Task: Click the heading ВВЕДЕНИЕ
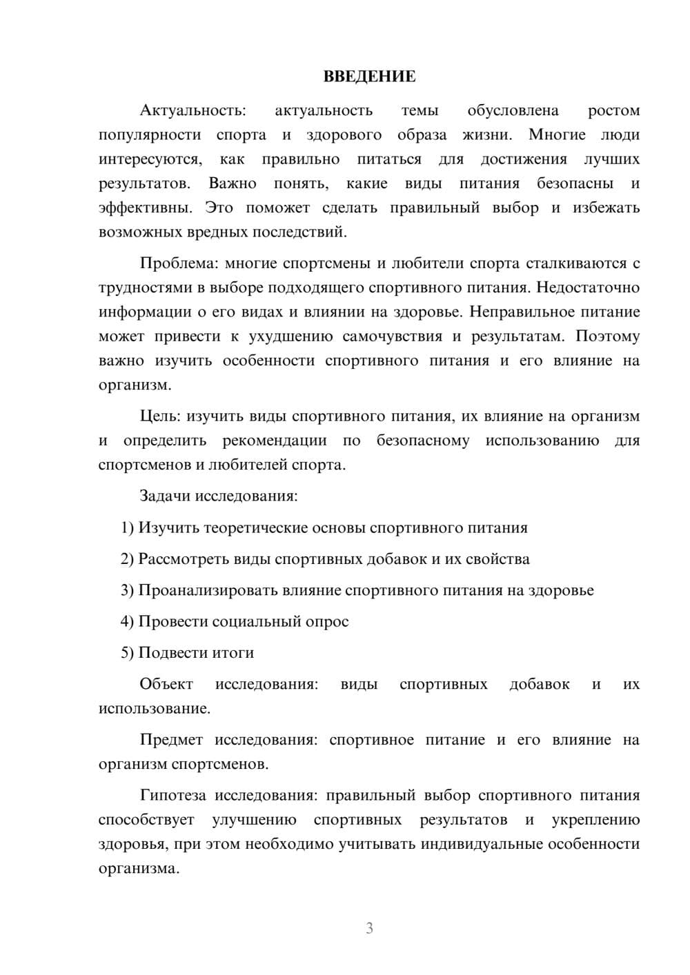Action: (x=369, y=77)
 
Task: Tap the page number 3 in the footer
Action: (x=369, y=928)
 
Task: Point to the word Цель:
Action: (x=160, y=416)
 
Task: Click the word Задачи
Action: (x=166, y=496)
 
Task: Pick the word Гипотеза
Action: (x=172, y=796)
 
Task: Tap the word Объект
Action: (x=166, y=684)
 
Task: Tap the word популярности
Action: (x=150, y=135)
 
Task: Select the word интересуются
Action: (x=150, y=159)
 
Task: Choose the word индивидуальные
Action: (x=475, y=844)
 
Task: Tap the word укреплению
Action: (x=595, y=820)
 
